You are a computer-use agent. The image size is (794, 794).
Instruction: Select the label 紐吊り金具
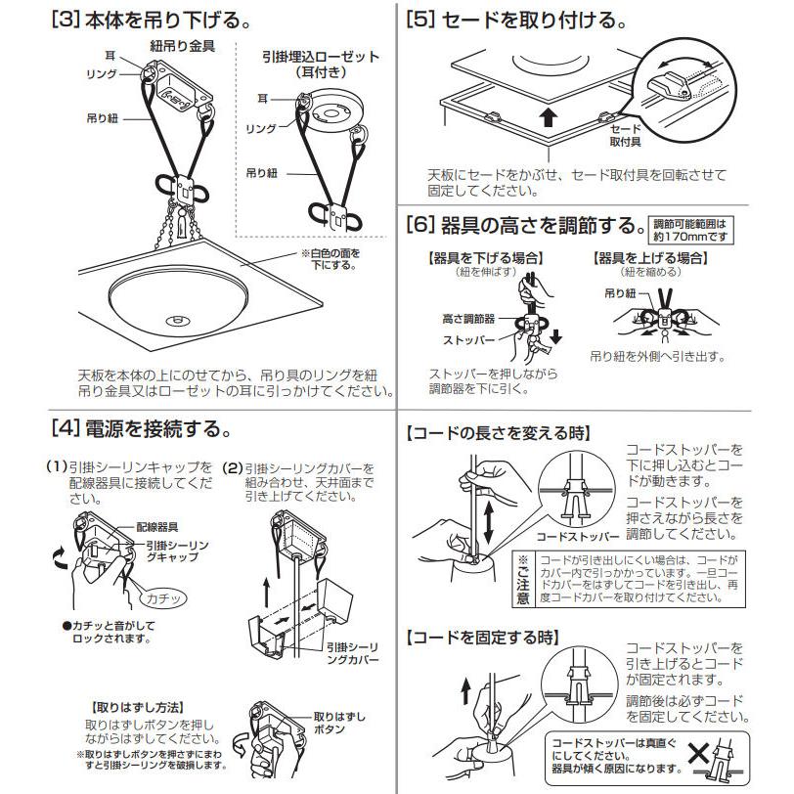click(183, 47)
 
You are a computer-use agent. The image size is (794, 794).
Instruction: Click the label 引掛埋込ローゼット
click(321, 57)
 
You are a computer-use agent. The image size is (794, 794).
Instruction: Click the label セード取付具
click(626, 135)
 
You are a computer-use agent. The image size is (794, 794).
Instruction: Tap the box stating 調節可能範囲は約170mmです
click(690, 230)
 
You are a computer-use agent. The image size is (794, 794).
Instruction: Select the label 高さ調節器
click(468, 319)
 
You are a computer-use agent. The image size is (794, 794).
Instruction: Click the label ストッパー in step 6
click(469, 340)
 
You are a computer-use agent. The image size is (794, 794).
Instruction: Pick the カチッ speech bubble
click(163, 598)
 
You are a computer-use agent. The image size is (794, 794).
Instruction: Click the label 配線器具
click(157, 527)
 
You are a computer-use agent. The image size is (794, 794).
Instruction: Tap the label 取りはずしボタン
click(339, 723)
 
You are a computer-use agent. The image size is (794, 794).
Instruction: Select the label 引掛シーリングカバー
click(352, 653)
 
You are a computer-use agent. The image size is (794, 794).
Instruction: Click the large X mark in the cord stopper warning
click(698, 755)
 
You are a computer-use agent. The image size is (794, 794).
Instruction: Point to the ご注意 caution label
click(522, 580)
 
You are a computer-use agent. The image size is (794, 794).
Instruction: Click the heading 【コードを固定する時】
click(483, 638)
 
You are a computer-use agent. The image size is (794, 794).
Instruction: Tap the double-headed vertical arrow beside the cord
click(489, 522)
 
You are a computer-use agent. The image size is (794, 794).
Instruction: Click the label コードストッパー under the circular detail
click(578, 537)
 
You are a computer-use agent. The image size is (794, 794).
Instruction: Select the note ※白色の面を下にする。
click(331, 259)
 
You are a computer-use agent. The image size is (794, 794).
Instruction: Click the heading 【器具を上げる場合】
click(650, 258)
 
